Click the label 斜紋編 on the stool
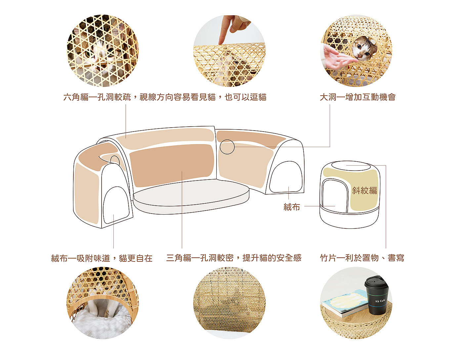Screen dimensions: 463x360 click(x=364, y=190)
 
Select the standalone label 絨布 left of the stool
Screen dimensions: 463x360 click(x=292, y=207)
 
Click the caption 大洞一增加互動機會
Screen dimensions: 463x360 click(x=358, y=97)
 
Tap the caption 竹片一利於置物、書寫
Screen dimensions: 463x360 click(x=362, y=258)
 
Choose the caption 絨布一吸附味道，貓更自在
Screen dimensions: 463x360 click(x=102, y=258)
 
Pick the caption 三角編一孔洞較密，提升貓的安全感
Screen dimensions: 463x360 click(x=234, y=258)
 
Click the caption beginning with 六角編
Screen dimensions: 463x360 click(x=165, y=97)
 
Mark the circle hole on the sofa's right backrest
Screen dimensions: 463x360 click(x=227, y=147)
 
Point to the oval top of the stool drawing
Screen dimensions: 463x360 click(x=351, y=166)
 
